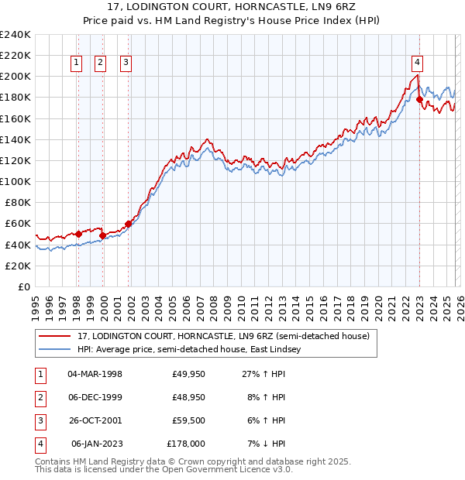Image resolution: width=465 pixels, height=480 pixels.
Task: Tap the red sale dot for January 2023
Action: (x=419, y=99)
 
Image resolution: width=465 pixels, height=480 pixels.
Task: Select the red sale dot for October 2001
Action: (x=128, y=224)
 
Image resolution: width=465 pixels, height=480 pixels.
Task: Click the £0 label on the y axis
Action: (x=23, y=286)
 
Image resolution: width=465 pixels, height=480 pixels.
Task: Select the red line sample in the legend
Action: (x=56, y=336)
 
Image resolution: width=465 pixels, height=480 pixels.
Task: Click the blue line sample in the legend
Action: (x=56, y=349)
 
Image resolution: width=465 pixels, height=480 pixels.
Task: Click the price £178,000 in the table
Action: (x=186, y=444)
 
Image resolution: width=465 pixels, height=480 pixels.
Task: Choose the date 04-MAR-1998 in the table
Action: (x=95, y=374)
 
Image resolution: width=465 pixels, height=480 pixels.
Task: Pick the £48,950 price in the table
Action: (x=188, y=397)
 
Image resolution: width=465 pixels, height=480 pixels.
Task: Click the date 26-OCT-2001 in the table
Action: (x=95, y=420)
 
